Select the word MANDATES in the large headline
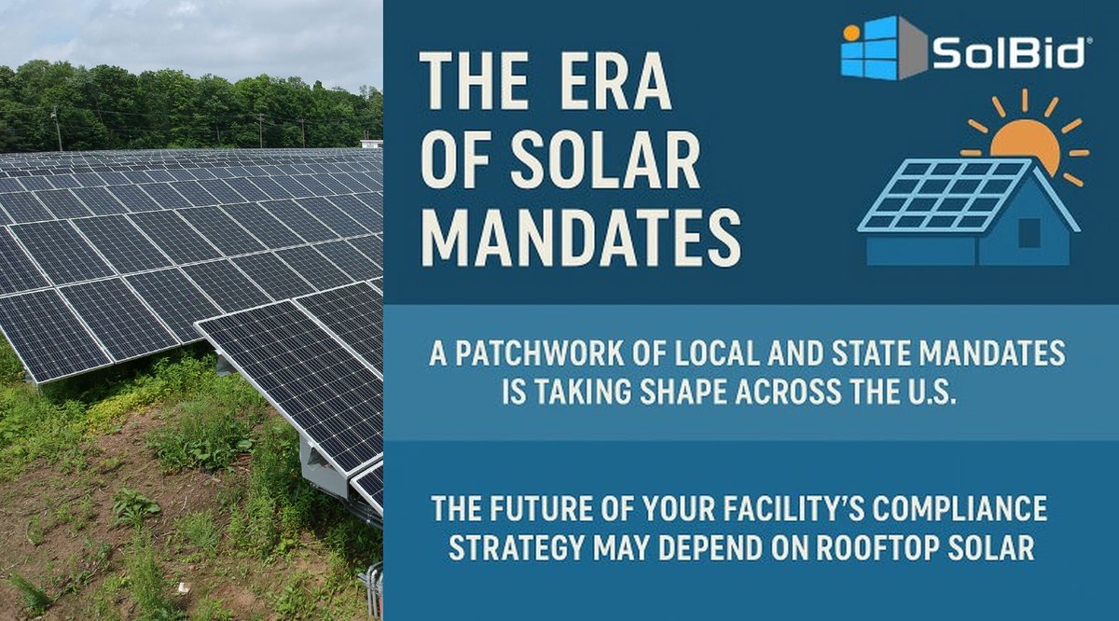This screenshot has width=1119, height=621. (579, 237)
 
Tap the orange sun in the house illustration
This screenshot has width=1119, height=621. (1025, 145)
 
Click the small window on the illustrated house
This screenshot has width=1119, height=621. (1029, 232)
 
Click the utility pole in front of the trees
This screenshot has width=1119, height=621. (57, 129)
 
